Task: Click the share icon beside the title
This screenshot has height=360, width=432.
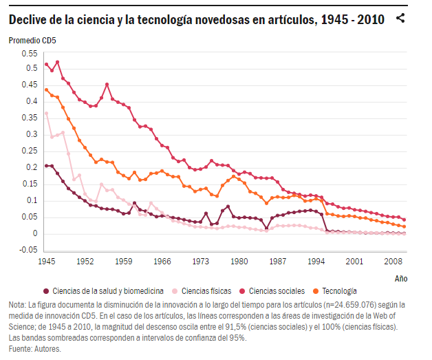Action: [400, 19]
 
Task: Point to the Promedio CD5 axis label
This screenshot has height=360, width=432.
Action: [32, 40]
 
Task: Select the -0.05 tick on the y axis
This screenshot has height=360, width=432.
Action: [28, 250]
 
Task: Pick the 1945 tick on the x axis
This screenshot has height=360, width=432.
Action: [46, 262]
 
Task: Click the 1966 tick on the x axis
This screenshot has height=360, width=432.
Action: [162, 262]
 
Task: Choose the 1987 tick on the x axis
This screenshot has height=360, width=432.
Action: [277, 262]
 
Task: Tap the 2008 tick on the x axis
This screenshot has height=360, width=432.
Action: [393, 262]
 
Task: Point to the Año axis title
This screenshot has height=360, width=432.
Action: [401, 279]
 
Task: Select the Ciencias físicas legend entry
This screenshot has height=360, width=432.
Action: [206, 291]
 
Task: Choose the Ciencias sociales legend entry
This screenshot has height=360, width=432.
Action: [277, 291]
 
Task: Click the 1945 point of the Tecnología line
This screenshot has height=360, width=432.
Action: [46, 89]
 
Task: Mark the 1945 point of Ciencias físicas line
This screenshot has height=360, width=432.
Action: [46, 114]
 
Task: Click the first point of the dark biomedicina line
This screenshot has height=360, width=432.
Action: [46, 166]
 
